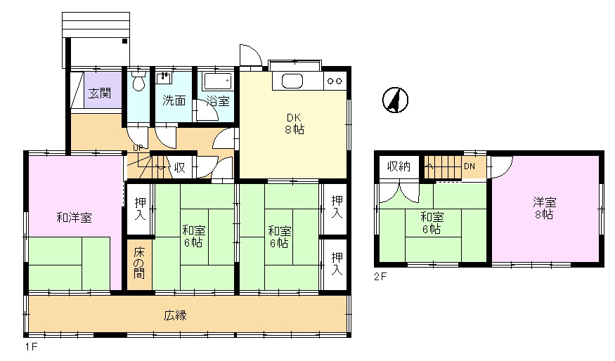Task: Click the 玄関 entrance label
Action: click(100, 93)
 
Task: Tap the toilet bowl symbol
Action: click(138, 80)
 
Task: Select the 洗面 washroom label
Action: click(174, 100)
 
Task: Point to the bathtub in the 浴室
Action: click(217, 81)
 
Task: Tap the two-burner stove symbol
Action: click(335, 81)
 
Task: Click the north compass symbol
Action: click(395, 100)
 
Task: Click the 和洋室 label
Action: click(74, 218)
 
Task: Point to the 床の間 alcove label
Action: click(139, 263)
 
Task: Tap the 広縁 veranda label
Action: click(175, 315)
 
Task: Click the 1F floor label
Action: click(31, 347)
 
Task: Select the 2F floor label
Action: click(380, 277)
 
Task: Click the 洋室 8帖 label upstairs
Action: click(545, 208)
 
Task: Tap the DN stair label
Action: click(470, 166)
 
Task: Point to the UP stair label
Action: click(138, 147)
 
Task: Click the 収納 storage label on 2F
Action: click(399, 166)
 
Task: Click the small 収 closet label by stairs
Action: click(180, 168)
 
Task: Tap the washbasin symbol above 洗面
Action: click(164, 78)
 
